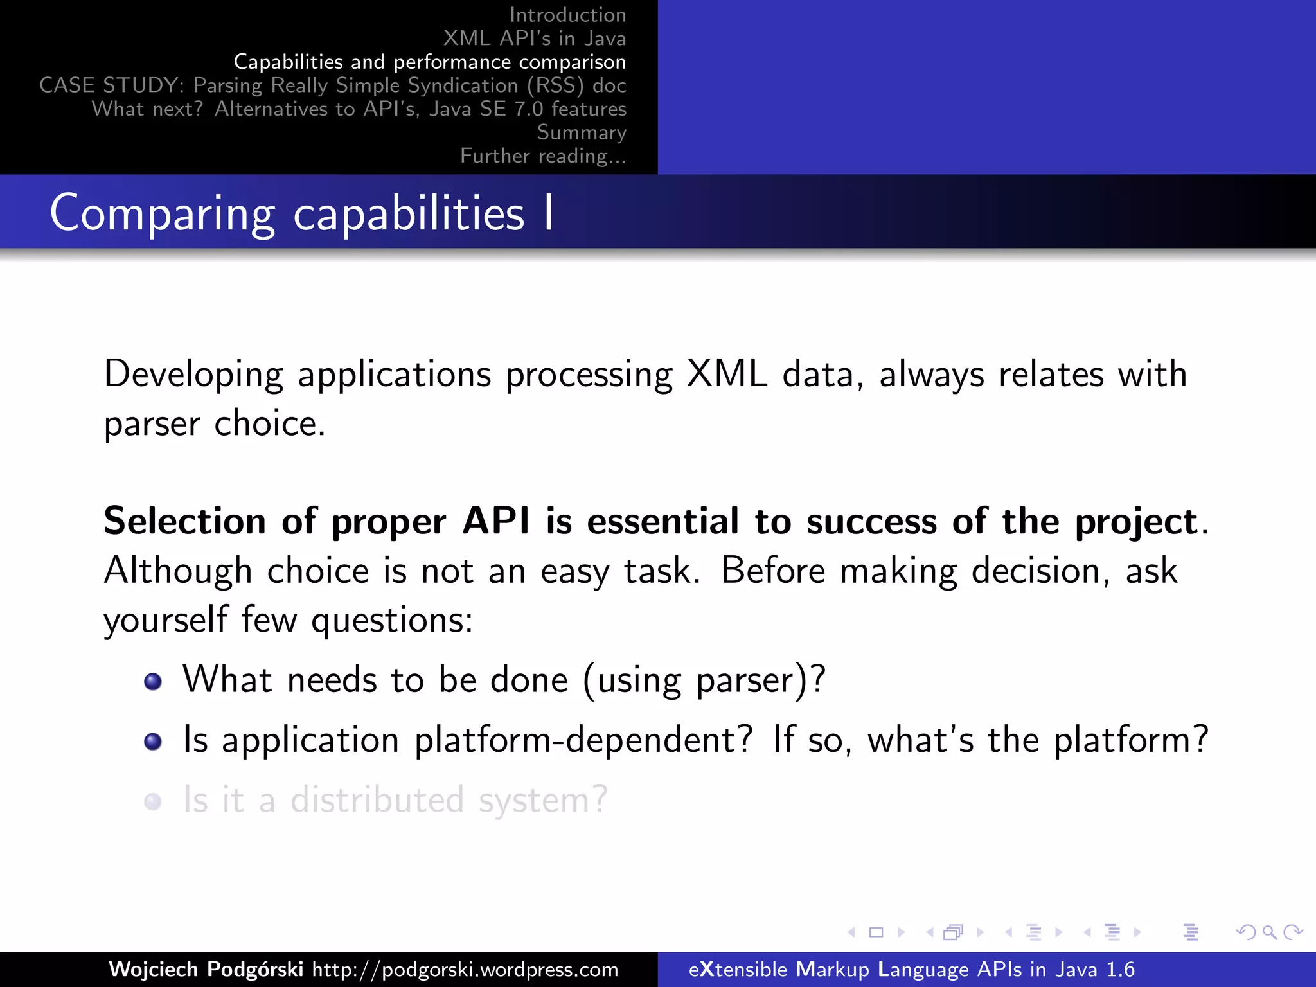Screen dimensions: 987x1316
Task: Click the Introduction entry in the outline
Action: (x=567, y=15)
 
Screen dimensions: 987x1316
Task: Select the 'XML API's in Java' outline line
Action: (x=534, y=39)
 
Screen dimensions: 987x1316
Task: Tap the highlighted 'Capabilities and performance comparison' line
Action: (x=429, y=62)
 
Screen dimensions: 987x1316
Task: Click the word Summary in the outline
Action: (x=581, y=132)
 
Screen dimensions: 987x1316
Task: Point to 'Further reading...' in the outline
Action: (x=543, y=156)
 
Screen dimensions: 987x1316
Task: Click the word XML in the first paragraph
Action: (x=727, y=374)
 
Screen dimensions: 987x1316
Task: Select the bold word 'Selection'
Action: (x=184, y=520)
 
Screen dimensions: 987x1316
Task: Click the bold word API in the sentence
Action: (x=496, y=520)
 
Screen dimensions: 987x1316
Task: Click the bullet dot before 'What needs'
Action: (x=153, y=682)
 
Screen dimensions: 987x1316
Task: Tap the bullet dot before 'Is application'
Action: (x=153, y=742)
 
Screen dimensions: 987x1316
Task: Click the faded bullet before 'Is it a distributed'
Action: (x=153, y=802)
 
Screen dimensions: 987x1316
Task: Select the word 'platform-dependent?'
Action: (x=583, y=740)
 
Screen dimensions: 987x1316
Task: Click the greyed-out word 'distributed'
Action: (x=377, y=801)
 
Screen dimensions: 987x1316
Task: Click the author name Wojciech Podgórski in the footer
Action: (x=206, y=969)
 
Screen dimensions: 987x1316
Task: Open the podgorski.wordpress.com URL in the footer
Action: (x=465, y=969)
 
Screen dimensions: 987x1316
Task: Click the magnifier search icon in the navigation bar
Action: (x=1269, y=932)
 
